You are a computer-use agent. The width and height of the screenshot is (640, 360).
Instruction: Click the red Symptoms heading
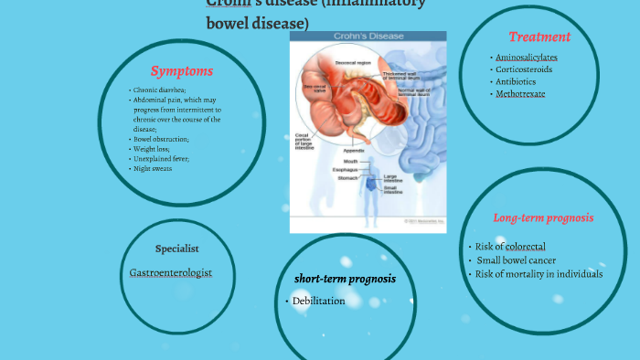pos(182,70)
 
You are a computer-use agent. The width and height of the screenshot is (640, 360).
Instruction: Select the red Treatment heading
pos(539,37)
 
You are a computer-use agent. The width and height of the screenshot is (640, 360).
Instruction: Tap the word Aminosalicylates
pos(526,57)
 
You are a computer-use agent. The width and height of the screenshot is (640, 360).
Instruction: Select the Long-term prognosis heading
pos(543,217)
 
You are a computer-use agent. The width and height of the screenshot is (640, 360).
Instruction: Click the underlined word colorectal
pos(525,247)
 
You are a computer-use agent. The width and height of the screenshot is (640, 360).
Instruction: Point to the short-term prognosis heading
pos(345,278)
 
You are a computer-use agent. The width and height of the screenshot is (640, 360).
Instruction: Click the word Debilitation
pos(318,301)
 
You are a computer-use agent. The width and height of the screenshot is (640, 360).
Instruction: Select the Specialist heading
pos(177,248)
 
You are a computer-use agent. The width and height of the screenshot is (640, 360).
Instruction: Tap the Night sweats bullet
pos(154,168)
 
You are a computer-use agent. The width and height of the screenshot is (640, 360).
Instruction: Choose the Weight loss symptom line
pos(152,149)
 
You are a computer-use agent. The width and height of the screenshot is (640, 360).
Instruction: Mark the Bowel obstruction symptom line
pos(162,139)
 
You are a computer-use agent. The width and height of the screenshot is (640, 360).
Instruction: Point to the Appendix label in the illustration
pos(354,150)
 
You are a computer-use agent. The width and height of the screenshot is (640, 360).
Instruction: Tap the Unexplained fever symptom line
pos(162,159)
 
